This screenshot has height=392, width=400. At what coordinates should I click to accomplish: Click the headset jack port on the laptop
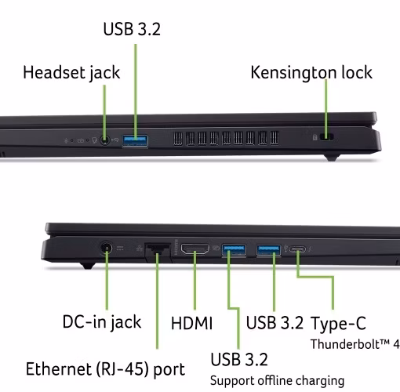click(x=105, y=140)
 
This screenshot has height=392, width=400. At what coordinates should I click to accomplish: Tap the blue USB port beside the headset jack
click(x=135, y=140)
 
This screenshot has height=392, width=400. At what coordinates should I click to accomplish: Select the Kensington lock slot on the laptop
click(x=327, y=136)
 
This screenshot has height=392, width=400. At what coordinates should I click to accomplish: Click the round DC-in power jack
click(x=107, y=249)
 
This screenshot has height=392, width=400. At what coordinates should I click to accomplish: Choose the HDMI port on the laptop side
click(x=195, y=249)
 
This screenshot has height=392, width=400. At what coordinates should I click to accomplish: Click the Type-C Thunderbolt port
click(x=297, y=249)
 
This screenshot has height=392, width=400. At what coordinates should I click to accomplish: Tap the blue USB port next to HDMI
click(x=234, y=249)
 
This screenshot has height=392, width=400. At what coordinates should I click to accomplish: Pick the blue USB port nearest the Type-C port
click(x=269, y=250)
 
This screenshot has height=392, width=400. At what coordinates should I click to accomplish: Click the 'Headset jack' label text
click(x=71, y=73)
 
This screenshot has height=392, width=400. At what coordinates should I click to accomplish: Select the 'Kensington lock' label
click(x=311, y=72)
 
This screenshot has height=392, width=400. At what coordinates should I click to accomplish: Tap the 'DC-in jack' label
click(x=102, y=322)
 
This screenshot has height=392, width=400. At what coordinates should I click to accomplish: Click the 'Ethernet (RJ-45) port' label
click(x=105, y=369)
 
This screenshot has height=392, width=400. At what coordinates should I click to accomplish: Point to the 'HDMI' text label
click(x=191, y=323)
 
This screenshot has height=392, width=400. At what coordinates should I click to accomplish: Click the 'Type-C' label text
click(x=338, y=324)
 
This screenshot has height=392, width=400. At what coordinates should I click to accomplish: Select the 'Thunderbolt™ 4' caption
click(x=355, y=344)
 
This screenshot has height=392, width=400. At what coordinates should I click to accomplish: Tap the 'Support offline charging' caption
click(x=277, y=380)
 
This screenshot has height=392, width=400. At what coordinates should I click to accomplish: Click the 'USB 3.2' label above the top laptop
click(x=132, y=29)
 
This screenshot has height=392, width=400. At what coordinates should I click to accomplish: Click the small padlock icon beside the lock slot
click(x=315, y=137)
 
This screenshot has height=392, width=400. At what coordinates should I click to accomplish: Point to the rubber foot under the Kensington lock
click(x=332, y=158)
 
